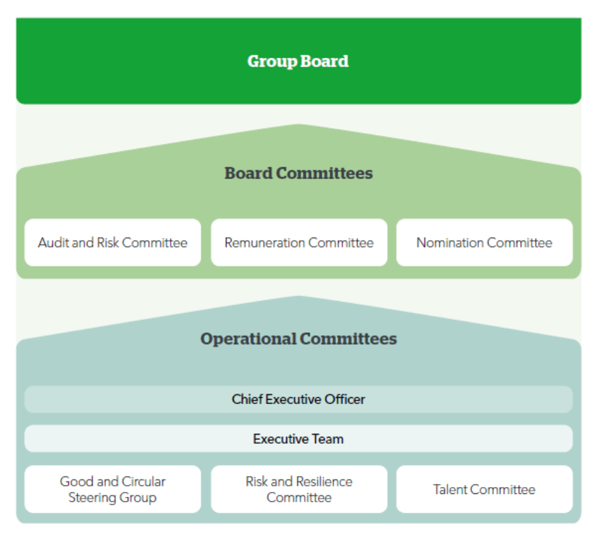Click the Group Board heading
[x=298, y=61]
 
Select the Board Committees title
[x=298, y=173]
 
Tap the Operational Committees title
[x=298, y=339]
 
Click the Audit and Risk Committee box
[x=112, y=242]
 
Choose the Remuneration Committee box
[x=298, y=242]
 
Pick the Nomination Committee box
[x=484, y=242]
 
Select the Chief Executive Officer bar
[x=298, y=399]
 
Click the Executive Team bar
[x=298, y=439]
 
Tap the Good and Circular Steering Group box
[x=112, y=489]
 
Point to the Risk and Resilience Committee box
[x=298, y=489]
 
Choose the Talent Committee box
[x=484, y=489]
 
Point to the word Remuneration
[x=264, y=242]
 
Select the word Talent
[x=450, y=489]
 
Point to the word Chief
[x=246, y=399]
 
